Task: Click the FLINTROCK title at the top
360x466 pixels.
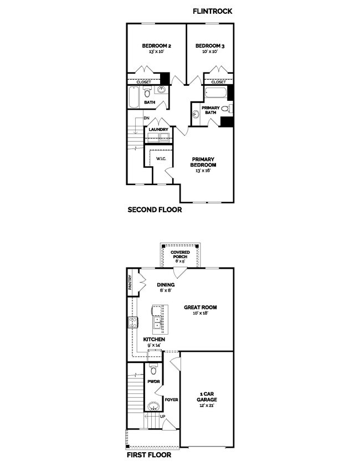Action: (x=213, y=11)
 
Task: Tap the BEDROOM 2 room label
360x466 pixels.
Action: (x=153, y=46)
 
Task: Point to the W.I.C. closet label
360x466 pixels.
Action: (x=161, y=158)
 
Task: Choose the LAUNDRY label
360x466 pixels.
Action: (x=158, y=130)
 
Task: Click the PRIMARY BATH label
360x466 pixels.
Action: (x=210, y=110)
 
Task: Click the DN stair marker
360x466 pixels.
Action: (x=146, y=118)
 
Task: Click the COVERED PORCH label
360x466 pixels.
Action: (x=180, y=254)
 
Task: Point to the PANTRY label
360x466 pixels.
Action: (x=130, y=283)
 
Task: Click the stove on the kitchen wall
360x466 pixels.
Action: (x=133, y=322)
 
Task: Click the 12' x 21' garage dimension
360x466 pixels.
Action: (x=207, y=405)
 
